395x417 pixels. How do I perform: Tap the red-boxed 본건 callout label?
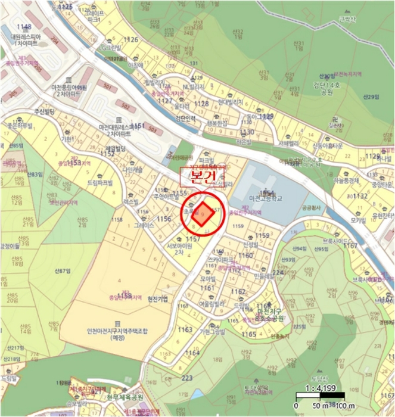point(201,178)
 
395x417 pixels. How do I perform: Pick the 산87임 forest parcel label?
point(62,271)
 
